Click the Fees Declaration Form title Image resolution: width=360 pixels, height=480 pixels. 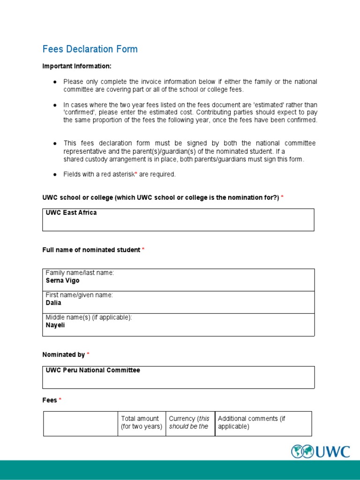[x=90, y=49]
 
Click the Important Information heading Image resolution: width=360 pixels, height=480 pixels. [x=77, y=66]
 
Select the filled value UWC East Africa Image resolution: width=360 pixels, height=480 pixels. [x=71, y=213]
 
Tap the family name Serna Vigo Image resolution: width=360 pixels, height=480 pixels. [x=62, y=280]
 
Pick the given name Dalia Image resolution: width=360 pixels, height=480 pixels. [x=53, y=303]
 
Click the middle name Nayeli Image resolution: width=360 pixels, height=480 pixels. [x=55, y=325]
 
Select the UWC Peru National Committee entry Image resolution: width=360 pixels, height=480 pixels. [x=93, y=370]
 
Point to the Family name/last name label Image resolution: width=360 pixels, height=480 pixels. [x=80, y=273]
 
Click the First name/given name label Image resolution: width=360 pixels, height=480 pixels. [x=79, y=295]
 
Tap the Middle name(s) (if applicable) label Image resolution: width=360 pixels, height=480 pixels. [x=89, y=317]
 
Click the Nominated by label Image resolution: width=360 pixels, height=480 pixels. [x=64, y=355]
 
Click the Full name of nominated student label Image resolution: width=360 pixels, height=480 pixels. [x=91, y=250]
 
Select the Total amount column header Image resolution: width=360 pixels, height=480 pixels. [x=142, y=422]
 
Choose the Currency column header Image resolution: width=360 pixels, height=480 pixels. [x=190, y=422]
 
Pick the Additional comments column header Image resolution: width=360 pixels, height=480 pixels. [x=251, y=422]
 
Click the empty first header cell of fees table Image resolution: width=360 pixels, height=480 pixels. [x=81, y=424]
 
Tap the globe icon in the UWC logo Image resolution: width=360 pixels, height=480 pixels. [x=302, y=451]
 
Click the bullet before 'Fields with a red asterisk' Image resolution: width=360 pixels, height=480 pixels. [x=54, y=174]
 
